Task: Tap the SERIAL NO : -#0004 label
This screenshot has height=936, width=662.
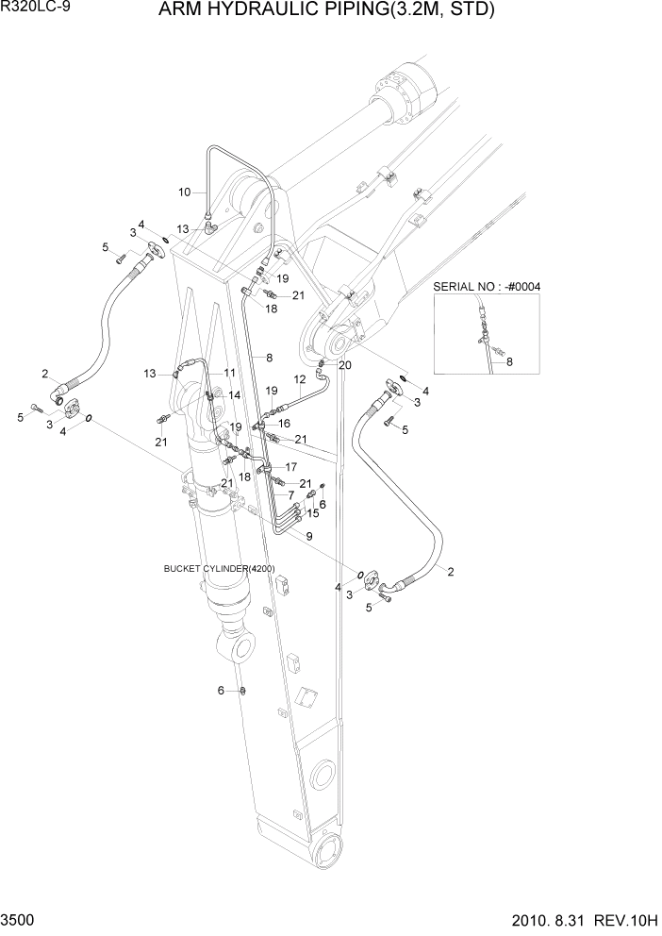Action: coord(486,287)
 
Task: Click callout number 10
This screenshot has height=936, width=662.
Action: coord(186,192)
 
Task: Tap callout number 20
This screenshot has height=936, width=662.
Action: coord(344,365)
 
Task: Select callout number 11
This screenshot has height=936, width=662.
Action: coord(230,373)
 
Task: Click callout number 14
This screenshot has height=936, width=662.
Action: coord(234,394)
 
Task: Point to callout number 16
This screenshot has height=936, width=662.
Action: coord(283,425)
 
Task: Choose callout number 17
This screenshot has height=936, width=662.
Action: coord(290,467)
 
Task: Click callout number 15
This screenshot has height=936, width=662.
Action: coord(313,513)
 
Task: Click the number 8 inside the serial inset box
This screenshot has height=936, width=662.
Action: coord(510,360)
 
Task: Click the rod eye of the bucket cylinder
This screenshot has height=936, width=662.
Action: coord(240,648)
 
